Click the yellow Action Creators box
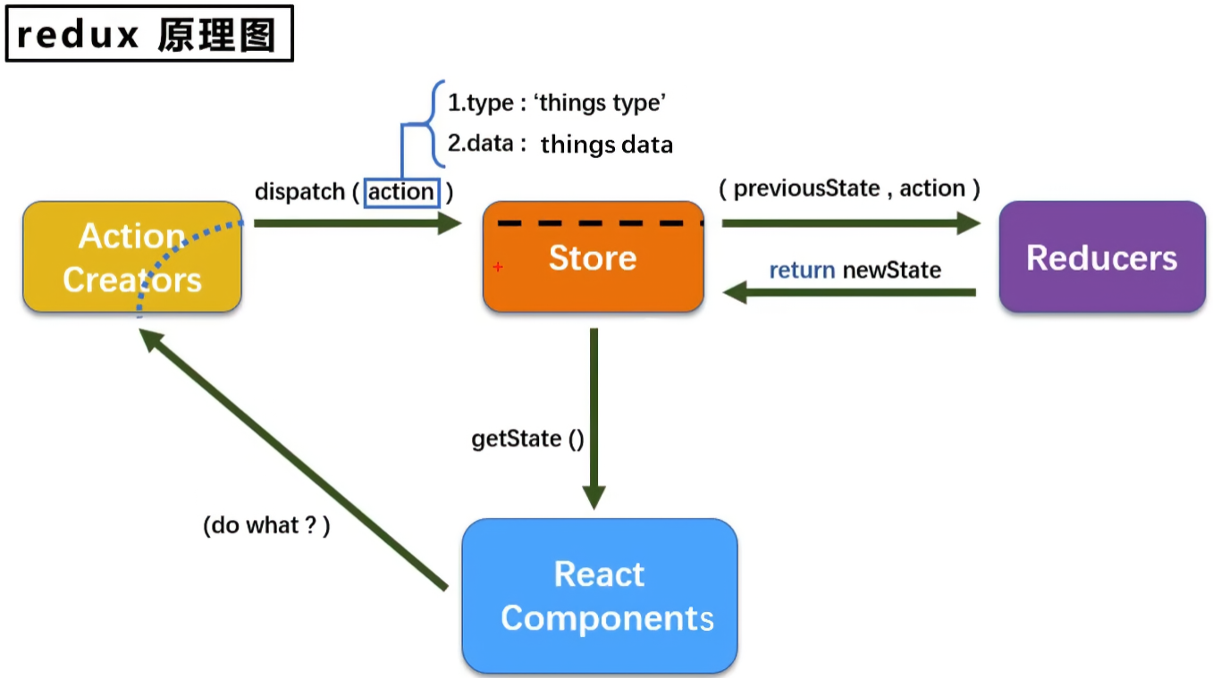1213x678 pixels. click(131, 257)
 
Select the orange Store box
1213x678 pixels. click(593, 257)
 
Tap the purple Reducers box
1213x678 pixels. click(1101, 257)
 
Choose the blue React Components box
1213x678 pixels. click(599, 596)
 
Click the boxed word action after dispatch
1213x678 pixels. click(401, 192)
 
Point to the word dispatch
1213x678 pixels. click(299, 192)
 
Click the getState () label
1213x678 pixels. click(527, 439)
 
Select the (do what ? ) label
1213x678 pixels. click(266, 525)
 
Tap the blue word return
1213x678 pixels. click(802, 270)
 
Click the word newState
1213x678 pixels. click(891, 270)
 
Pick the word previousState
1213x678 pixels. click(806, 188)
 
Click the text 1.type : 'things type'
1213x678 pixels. click(557, 104)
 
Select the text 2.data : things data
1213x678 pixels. click(560, 144)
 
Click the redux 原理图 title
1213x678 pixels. click(148, 34)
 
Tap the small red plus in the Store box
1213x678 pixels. click(498, 267)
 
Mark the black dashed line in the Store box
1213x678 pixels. click(599, 222)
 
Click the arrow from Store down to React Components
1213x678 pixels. click(594, 411)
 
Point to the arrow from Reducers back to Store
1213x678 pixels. click(849, 292)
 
